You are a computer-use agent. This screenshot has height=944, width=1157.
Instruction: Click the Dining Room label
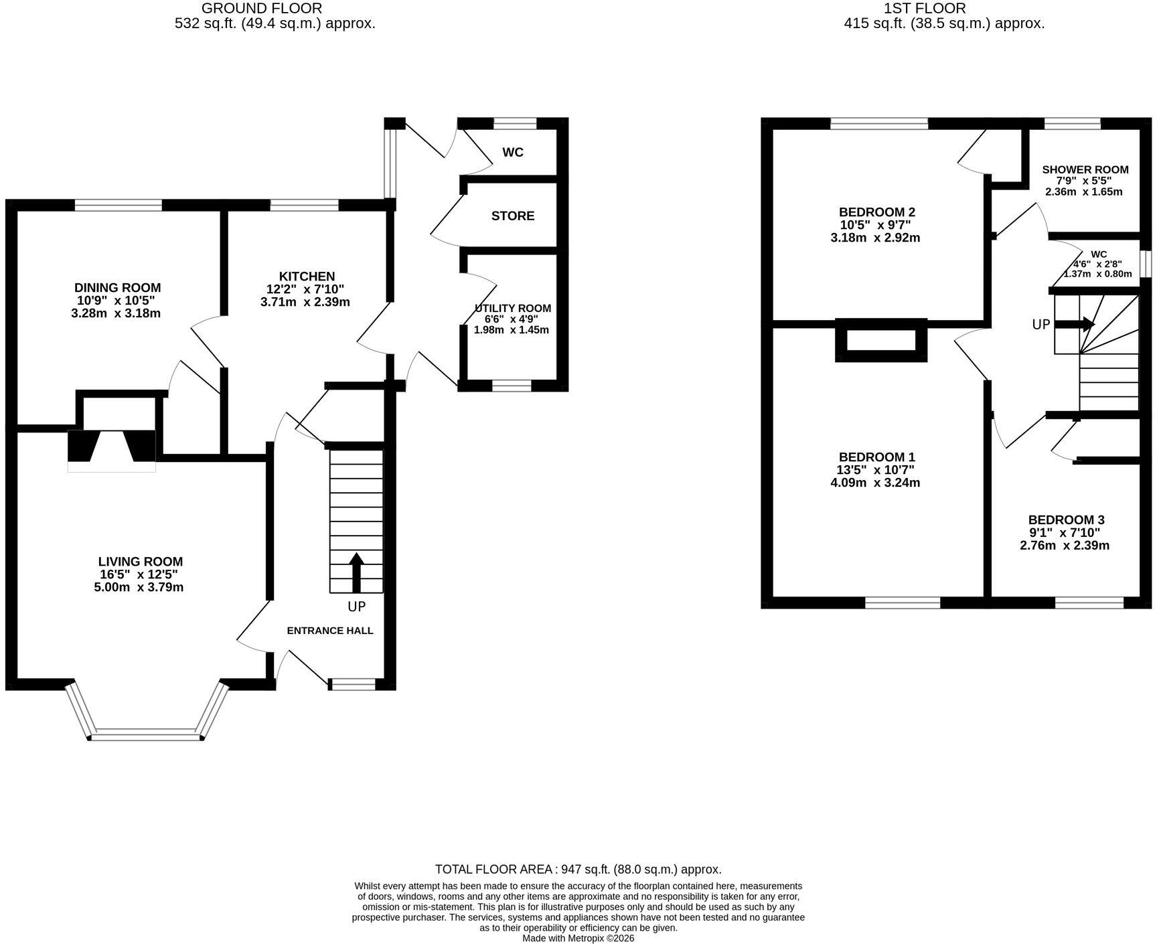[117, 288]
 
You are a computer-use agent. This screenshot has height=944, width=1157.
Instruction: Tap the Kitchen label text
[307, 277]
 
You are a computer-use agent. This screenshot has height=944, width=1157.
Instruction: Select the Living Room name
[140, 562]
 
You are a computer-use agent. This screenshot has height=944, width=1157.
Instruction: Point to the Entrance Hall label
[330, 631]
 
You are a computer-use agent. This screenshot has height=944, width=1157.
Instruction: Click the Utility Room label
[513, 308]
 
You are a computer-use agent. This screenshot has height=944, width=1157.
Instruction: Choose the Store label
[513, 216]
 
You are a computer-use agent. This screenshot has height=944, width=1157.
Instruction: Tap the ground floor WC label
[513, 153]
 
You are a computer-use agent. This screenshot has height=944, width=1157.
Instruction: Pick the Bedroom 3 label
[1067, 520]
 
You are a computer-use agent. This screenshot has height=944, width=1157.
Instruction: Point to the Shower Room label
[1085, 169]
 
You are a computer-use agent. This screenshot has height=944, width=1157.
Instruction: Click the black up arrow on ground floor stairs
[356, 572]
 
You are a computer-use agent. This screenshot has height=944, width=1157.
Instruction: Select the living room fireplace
[111, 446]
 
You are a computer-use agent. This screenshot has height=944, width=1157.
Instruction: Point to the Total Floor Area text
[578, 869]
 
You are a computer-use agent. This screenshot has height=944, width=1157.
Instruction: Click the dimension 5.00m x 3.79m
[139, 587]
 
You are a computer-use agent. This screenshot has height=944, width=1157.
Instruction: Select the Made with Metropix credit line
[578, 938]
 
